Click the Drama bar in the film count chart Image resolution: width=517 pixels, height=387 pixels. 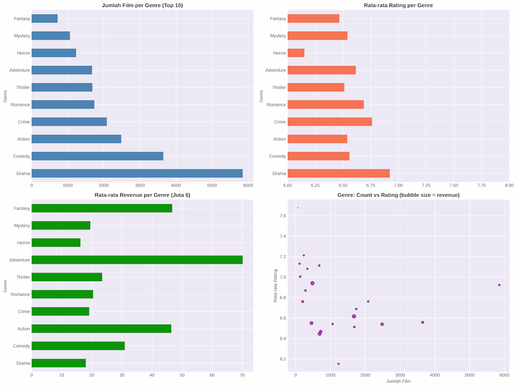point(137,174)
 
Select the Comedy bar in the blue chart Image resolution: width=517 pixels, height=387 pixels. point(97,156)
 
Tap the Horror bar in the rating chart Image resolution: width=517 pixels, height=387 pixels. point(296,53)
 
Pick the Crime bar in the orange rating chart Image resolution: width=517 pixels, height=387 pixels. point(329,122)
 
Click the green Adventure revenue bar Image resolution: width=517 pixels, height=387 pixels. point(137,260)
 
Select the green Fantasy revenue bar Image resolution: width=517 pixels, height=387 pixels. point(102,208)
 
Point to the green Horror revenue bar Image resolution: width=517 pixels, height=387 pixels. point(56,243)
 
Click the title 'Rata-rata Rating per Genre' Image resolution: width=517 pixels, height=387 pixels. point(398,5)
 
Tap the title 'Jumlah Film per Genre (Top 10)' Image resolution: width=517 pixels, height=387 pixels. point(142,5)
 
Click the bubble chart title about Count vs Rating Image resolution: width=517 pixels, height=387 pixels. point(398,195)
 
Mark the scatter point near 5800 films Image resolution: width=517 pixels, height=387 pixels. point(499,285)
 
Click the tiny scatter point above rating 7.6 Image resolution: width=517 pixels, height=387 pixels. point(298,207)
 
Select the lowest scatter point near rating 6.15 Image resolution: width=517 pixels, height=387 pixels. point(338,363)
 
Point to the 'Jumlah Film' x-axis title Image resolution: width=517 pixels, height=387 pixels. point(398,381)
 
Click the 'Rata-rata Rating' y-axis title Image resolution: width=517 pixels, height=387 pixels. point(275,285)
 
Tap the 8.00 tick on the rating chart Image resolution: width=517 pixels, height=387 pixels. point(509,185)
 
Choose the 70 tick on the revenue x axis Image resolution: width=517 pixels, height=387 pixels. point(242,375)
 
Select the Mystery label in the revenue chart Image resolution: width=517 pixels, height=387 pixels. point(21,226)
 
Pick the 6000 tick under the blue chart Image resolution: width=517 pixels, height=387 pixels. point(248,185)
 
